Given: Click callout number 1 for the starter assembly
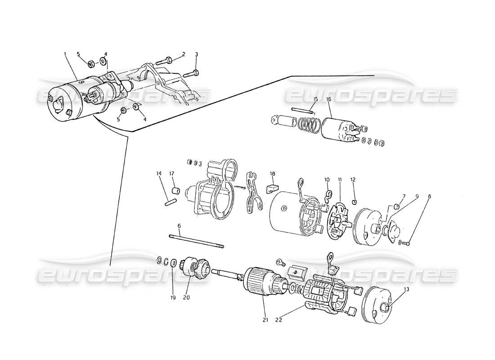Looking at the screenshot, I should point(65,54).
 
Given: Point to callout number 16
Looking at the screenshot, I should point(328,99).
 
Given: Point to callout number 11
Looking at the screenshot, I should point(340,180).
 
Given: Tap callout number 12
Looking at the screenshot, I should point(353,180).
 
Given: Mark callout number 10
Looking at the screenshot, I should point(327,180).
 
